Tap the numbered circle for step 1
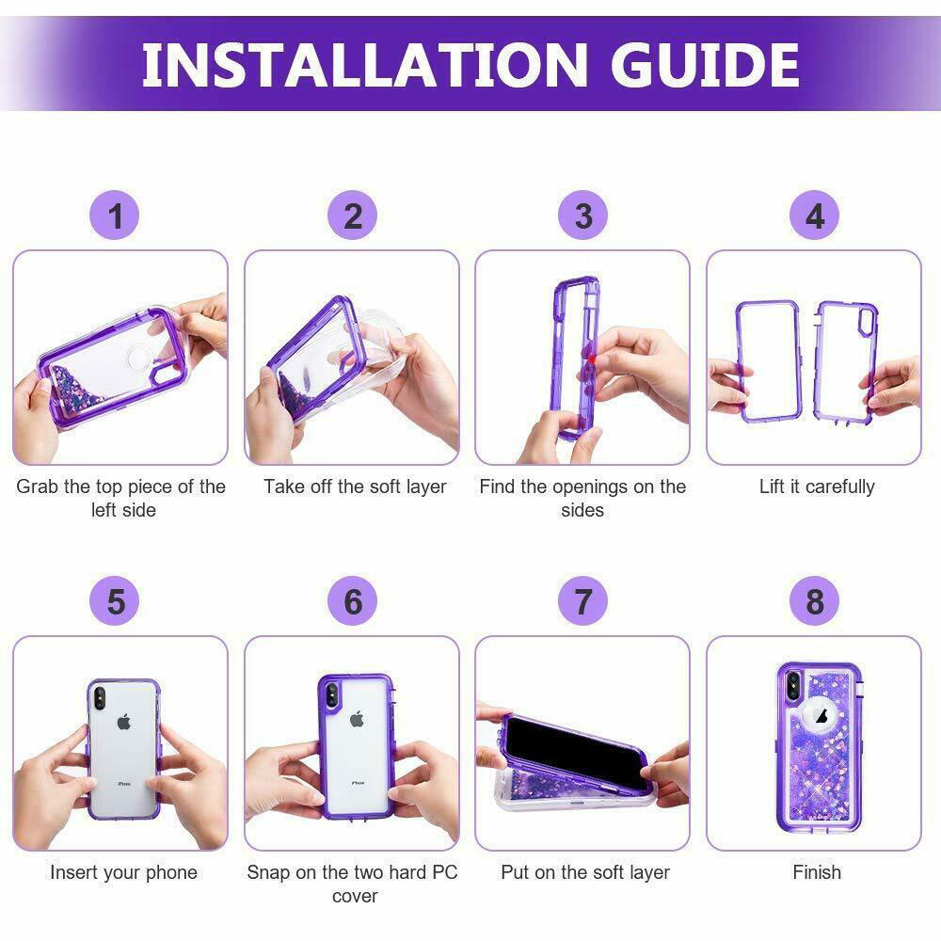tap(115, 216)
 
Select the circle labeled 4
tap(815, 216)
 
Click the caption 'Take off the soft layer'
tap(355, 486)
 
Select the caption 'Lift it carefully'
tap(817, 486)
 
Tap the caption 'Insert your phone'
tap(123, 872)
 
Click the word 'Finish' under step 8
tap(817, 872)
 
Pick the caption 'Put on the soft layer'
tap(585, 872)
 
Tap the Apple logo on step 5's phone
tap(123, 723)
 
